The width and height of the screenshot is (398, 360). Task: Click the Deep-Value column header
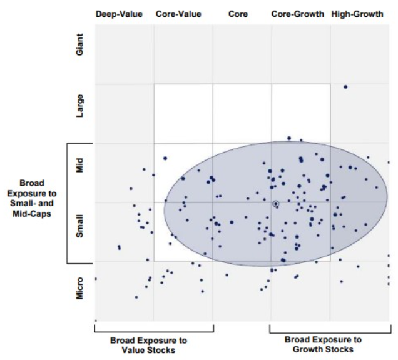[x=119, y=14]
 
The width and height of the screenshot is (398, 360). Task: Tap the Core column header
[x=238, y=14]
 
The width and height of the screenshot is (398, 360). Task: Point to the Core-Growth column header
[x=298, y=14]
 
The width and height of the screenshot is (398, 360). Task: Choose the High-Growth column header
[x=357, y=14]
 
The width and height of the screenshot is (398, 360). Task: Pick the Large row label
[x=79, y=104]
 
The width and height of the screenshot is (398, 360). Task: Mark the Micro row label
[x=79, y=290]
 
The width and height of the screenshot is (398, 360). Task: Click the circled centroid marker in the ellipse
[x=275, y=204]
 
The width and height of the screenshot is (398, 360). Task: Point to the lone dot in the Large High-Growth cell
[x=345, y=87]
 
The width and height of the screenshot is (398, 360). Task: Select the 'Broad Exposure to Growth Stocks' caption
[x=323, y=344]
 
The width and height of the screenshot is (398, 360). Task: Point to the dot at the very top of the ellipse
[x=289, y=138]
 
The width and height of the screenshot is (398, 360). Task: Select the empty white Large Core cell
[x=242, y=113]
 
